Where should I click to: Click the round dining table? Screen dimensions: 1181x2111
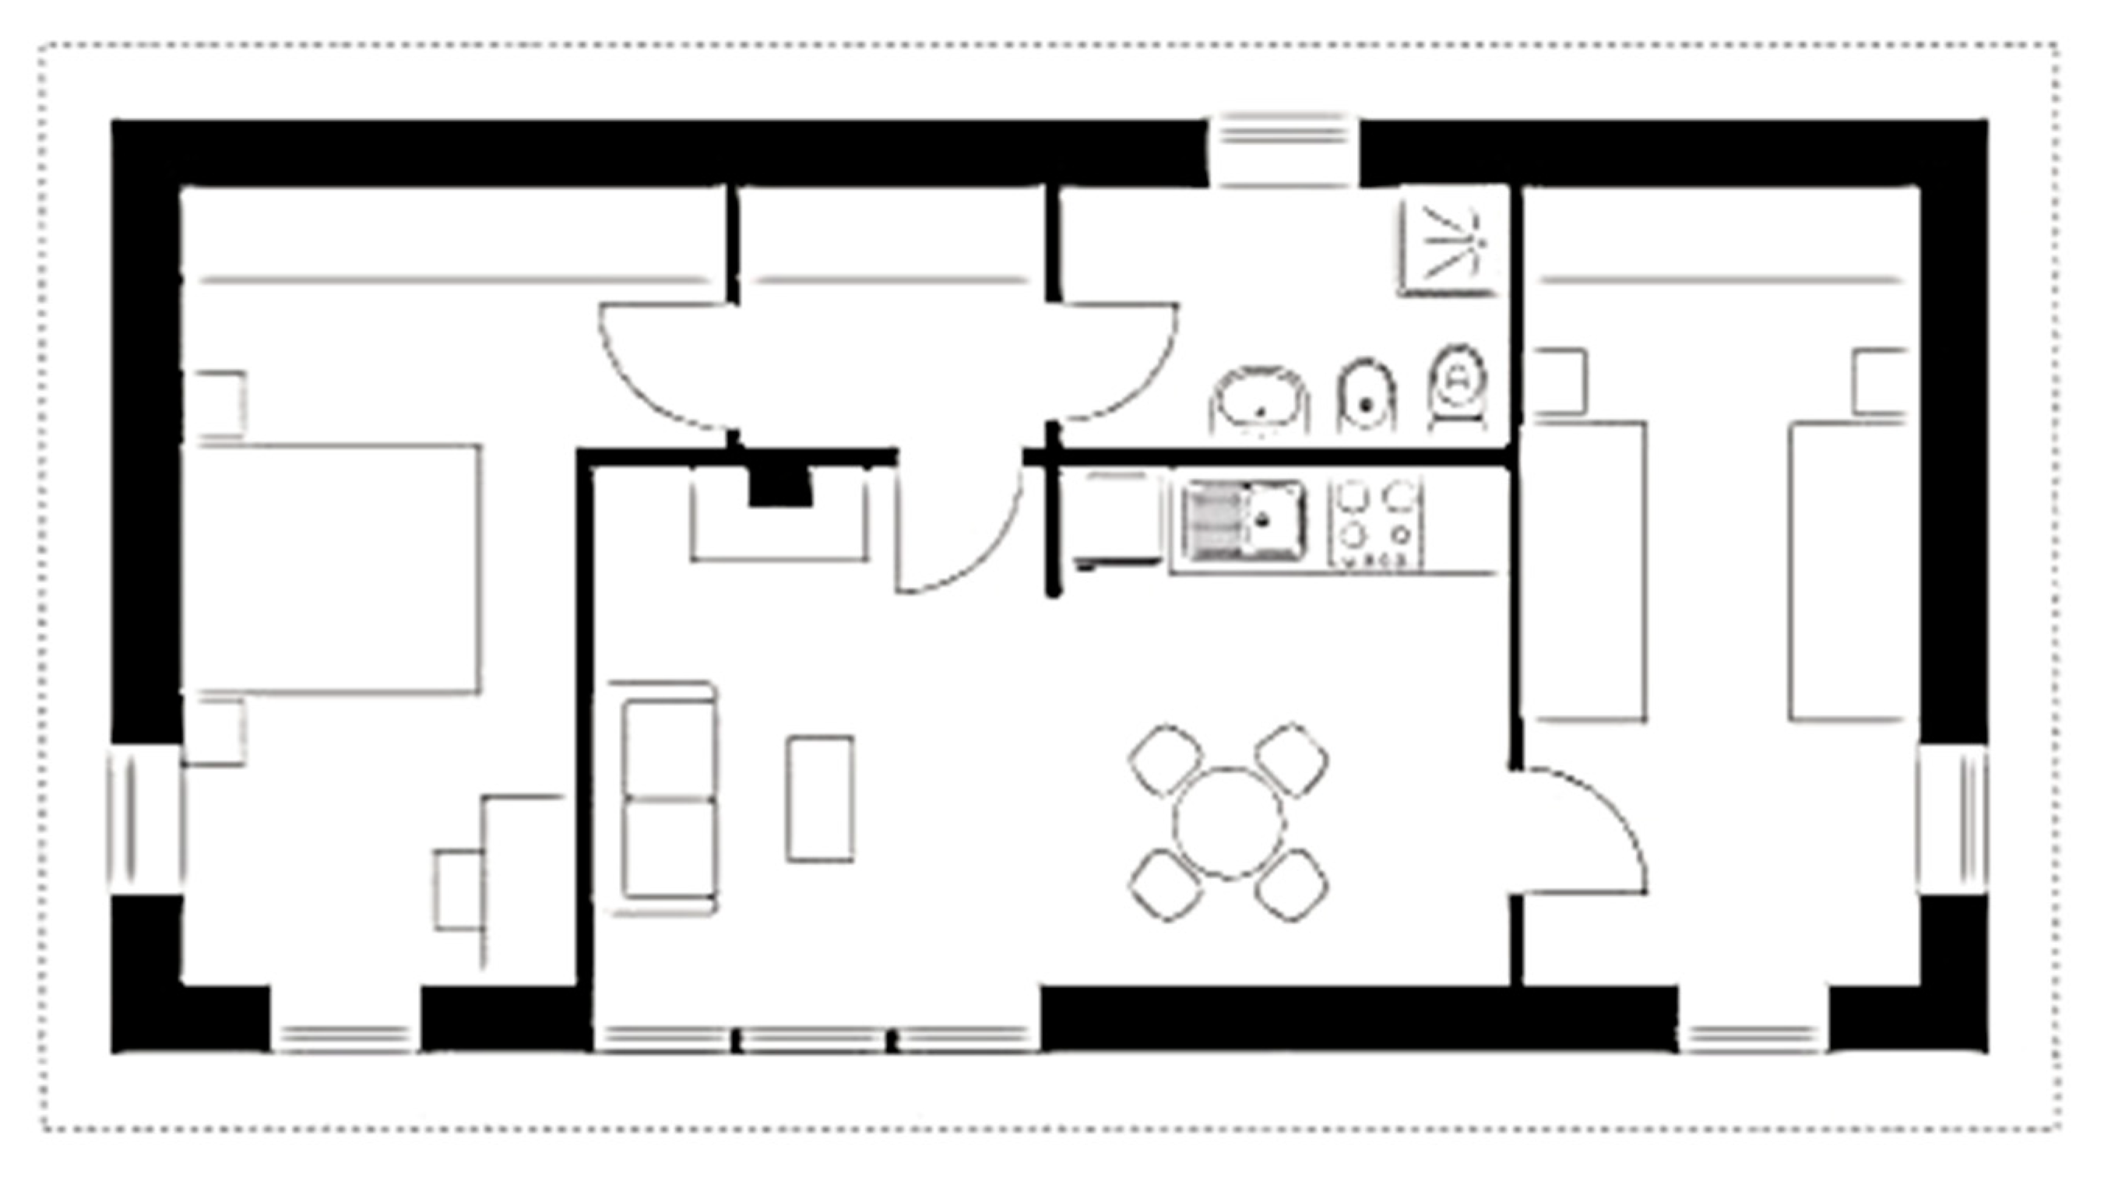pyautogui.click(x=1228, y=823)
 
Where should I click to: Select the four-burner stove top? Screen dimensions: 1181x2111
pyautogui.click(x=1376, y=523)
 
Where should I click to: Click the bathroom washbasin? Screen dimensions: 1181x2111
pyautogui.click(x=1260, y=401)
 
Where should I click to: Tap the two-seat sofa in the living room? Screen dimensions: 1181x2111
pyautogui.click(x=667, y=798)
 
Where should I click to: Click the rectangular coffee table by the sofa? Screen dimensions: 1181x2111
pyautogui.click(x=819, y=798)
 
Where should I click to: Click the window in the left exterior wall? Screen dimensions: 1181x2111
pyautogui.click(x=144, y=819)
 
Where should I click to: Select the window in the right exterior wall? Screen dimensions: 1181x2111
pyautogui.click(x=1952, y=819)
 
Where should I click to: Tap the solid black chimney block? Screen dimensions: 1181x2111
pyautogui.click(x=779, y=488)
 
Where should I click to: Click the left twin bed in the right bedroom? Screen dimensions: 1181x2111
pyautogui.click(x=1589, y=571)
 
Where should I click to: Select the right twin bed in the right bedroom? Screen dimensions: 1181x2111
pyautogui.click(x=1847, y=571)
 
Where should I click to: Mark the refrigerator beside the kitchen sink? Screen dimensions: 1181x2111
pyautogui.click(x=1119, y=518)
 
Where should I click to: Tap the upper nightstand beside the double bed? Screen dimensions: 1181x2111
pyautogui.click(x=219, y=404)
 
